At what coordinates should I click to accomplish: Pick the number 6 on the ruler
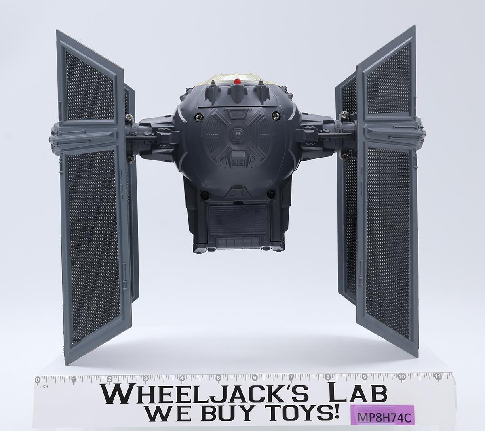point(255,378)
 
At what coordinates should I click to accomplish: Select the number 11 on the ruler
point(438,377)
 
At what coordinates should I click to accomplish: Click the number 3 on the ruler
point(145,379)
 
